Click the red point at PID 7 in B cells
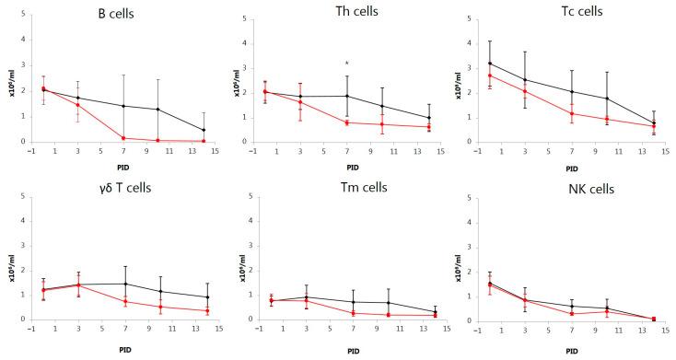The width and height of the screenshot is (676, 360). (x=123, y=138)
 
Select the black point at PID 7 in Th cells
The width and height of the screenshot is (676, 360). (x=346, y=96)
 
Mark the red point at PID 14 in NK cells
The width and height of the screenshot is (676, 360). (x=654, y=319)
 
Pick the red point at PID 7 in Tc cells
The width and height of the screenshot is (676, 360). (x=571, y=113)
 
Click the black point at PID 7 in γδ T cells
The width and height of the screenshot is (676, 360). (x=123, y=284)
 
